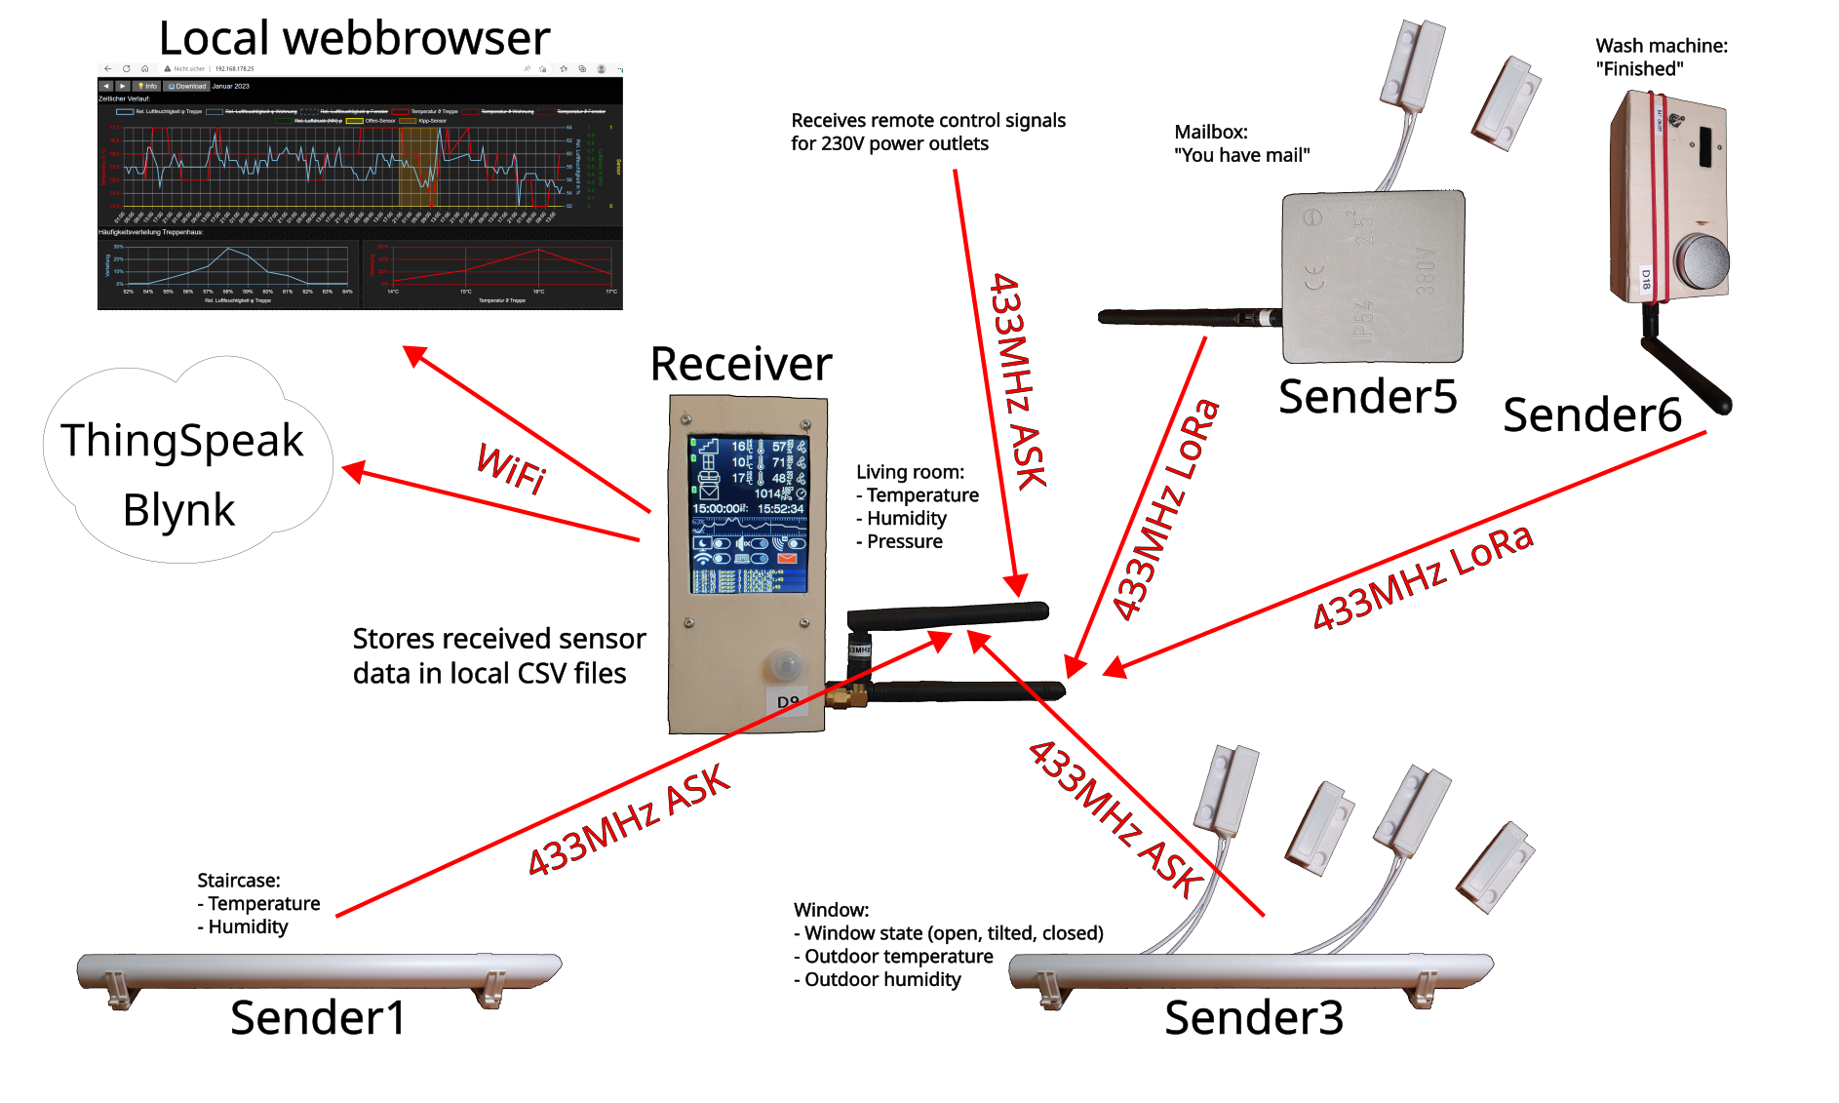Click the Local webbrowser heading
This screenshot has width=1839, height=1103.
click(x=354, y=39)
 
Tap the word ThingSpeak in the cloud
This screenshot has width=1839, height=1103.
click(x=182, y=441)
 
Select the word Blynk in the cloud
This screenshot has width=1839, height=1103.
click(x=178, y=510)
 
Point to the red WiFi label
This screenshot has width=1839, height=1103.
click(x=511, y=468)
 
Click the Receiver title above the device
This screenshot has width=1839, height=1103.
click(x=740, y=364)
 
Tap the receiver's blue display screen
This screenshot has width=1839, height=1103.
click(x=748, y=514)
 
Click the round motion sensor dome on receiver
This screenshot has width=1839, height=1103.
click(x=784, y=665)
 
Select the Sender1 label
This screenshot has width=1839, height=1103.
click(x=318, y=1018)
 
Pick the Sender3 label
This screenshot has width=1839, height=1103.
click(x=1254, y=1018)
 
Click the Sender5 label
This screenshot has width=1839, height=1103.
click(x=1367, y=397)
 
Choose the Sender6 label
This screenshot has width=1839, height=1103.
click(x=1592, y=415)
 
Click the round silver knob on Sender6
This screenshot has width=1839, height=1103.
click(x=1702, y=261)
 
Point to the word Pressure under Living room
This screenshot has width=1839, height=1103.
click(x=904, y=542)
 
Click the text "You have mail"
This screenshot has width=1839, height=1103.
click(x=1242, y=155)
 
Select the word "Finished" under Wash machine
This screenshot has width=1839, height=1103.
click(x=1640, y=69)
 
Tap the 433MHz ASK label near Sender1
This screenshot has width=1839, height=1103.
click(x=628, y=820)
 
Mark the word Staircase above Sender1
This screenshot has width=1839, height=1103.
click(x=238, y=881)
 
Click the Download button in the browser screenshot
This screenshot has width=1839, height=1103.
click(x=187, y=86)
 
